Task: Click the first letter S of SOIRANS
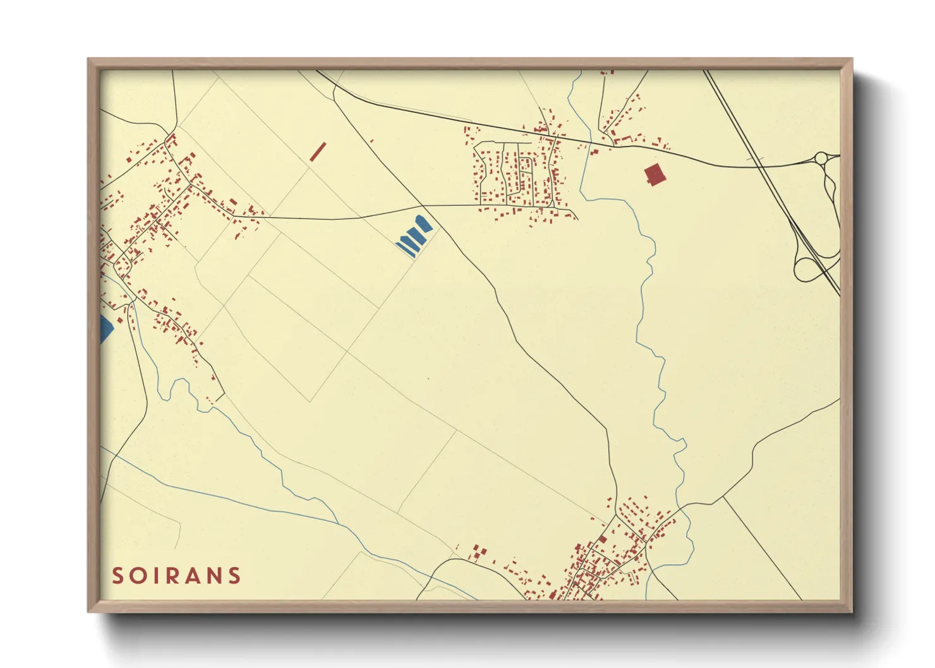[118, 576]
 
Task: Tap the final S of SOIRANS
[235, 576]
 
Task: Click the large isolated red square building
[655, 174]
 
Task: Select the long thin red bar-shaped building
[318, 152]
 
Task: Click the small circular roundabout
[821, 157]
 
